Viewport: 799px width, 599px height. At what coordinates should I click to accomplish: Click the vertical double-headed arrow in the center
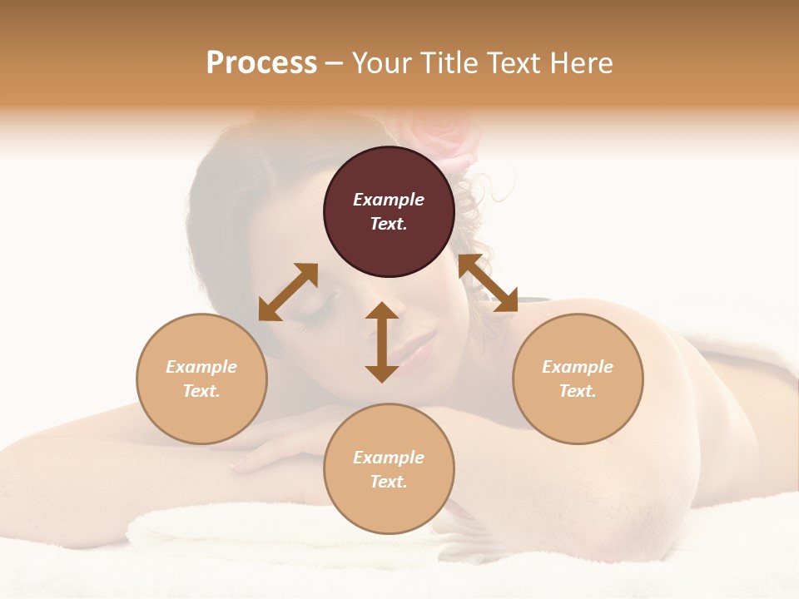382,342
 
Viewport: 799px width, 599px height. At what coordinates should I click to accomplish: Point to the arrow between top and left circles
288,292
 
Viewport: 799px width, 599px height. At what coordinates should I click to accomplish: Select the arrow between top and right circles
488,283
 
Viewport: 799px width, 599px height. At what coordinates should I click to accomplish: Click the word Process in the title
261,62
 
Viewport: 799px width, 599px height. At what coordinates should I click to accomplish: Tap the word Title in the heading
450,62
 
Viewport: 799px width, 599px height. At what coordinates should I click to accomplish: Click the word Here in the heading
580,62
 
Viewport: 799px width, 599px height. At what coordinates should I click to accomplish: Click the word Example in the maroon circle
389,200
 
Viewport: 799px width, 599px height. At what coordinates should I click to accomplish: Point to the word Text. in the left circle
201,391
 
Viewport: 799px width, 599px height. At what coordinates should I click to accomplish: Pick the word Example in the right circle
578,367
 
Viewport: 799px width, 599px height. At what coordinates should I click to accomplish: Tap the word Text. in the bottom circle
389,482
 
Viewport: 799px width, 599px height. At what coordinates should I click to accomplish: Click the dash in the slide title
335,63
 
